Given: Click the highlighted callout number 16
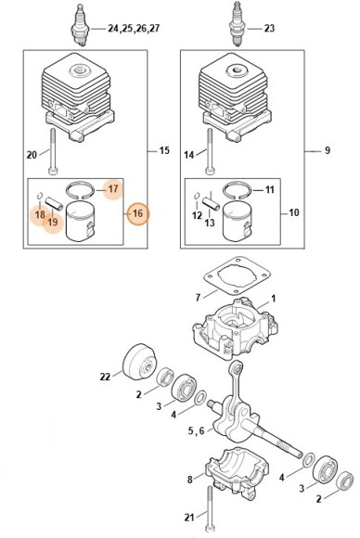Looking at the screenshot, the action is click(137, 213).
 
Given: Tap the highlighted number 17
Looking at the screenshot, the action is click(113, 188).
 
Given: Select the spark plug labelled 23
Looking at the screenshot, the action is click(237, 23).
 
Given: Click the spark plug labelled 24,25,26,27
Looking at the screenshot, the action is click(80, 25).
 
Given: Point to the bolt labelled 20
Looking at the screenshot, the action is click(52, 151).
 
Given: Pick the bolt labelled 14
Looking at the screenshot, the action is click(210, 151).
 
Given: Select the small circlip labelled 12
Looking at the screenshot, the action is click(197, 196).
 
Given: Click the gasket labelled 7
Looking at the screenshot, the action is click(237, 275).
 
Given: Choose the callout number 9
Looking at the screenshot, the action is click(328, 150).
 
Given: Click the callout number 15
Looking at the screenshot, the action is click(164, 150).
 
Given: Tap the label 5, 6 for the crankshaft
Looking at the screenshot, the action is click(196, 430).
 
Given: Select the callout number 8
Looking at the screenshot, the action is click(190, 479).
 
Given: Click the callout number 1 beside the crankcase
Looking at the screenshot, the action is click(273, 299).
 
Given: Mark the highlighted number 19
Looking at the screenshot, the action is click(53, 222).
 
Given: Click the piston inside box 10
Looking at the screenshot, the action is click(237, 222).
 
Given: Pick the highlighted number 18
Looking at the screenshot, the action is click(40, 214).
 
